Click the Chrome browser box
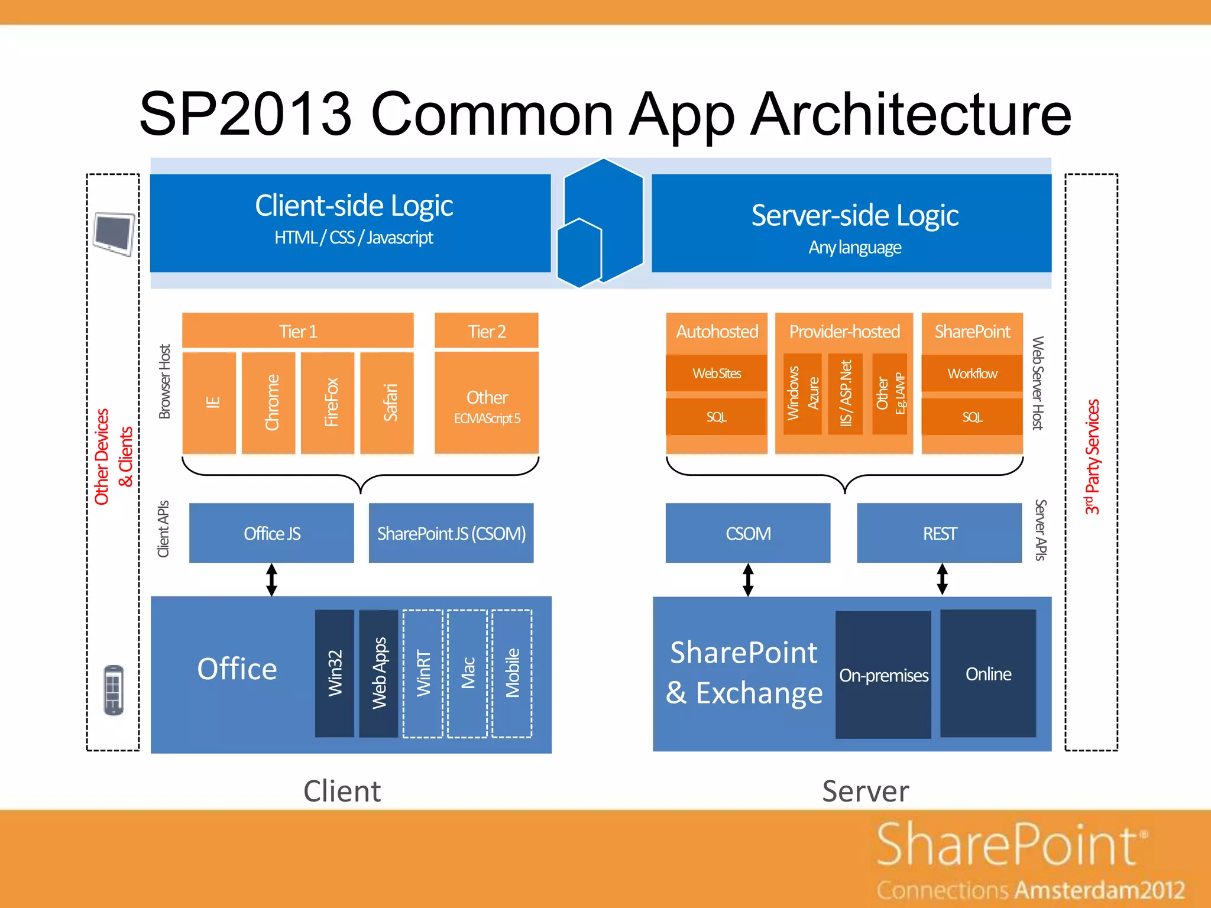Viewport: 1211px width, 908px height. coord(268,403)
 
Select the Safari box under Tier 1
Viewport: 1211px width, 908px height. coord(387,403)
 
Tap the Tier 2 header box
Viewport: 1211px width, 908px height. coord(486,331)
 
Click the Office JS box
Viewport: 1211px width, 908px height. coord(271,533)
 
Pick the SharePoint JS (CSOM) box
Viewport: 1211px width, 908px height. coord(451,533)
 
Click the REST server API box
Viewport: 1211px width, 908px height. coord(939,533)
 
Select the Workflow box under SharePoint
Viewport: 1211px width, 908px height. coord(972,374)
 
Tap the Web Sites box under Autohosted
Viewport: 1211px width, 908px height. coord(716,374)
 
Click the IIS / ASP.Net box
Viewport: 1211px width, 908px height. coord(846,394)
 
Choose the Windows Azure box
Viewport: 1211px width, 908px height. coord(802,394)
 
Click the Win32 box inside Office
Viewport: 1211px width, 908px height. coord(335,673)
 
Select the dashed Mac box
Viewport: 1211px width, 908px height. coord(467,673)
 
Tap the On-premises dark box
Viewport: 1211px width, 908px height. coord(883,674)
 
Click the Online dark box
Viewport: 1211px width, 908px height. coord(987,673)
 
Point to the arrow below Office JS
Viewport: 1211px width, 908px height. coord(271,579)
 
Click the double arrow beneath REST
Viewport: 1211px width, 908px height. coord(942,579)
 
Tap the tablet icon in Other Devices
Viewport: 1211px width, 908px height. coord(114,234)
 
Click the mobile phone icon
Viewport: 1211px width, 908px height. coord(114,690)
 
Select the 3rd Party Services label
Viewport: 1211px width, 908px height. coord(1092,457)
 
